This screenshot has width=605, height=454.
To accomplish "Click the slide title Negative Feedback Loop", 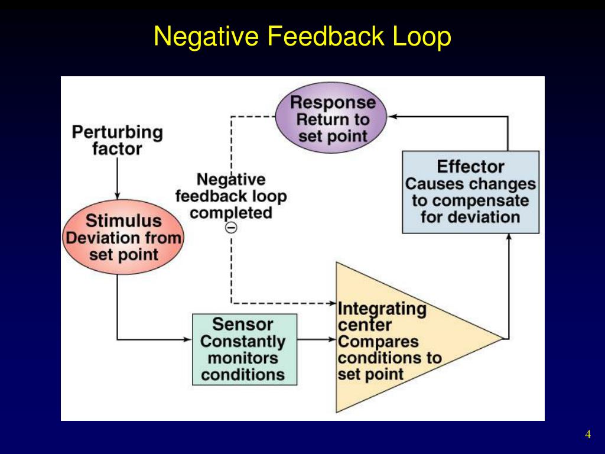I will [302, 37].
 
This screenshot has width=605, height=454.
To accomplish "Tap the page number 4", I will [588, 435].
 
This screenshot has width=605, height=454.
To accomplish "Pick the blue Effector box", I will [470, 192].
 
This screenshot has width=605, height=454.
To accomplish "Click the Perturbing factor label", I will [117, 140].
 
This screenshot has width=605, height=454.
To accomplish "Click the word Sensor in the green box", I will [243, 324].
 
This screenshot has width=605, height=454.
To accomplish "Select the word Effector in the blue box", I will [470, 166].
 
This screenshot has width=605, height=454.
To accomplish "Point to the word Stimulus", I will [123, 221].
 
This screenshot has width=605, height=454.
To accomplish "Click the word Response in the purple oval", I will [333, 102].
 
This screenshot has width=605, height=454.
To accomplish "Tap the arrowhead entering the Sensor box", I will [189, 339].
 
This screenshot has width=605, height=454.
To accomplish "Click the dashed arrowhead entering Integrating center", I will [331, 303].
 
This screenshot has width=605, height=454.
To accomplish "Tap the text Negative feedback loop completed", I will [232, 196].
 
